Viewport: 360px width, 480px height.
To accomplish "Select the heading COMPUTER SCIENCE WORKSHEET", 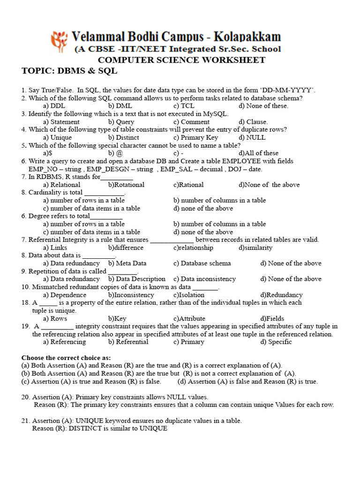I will click(x=181, y=60).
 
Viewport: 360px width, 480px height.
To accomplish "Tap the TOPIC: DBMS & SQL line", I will click(x=69, y=71).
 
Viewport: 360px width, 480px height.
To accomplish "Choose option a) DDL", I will click(x=54, y=106).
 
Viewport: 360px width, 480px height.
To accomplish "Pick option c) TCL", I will click(x=184, y=106).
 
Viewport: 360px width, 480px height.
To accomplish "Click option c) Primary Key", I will click(x=195, y=137).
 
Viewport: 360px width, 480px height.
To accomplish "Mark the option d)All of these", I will click(x=258, y=153).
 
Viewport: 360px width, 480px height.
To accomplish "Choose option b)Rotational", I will click(x=126, y=185).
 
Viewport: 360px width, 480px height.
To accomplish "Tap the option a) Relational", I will click(x=61, y=185).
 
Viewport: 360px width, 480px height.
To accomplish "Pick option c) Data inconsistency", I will click(x=204, y=279).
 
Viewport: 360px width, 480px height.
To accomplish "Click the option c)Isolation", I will click(x=188, y=295).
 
